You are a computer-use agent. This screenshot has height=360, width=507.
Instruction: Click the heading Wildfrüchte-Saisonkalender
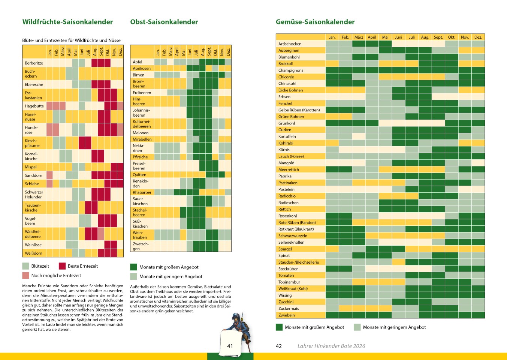(67, 22)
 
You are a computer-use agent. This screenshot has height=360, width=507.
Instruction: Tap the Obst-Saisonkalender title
(164, 22)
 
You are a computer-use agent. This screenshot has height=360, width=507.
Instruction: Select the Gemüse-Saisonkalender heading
(315, 22)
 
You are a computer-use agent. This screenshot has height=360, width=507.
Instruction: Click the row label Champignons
(291, 70)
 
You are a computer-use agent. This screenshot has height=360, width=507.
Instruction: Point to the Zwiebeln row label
(287, 315)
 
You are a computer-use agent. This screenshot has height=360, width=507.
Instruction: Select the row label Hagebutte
(34, 106)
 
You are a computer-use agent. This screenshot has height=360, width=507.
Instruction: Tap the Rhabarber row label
(142, 192)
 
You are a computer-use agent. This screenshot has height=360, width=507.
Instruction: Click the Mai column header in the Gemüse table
(385, 37)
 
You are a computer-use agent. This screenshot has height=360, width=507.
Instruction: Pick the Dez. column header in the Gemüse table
(478, 37)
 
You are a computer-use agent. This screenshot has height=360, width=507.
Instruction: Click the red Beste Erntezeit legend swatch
(62, 266)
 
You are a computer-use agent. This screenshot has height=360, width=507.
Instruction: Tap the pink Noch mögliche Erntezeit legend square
(26, 276)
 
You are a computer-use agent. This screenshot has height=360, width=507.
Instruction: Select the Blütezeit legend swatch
(26, 266)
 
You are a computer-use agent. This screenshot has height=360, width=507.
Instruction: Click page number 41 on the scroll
(230, 346)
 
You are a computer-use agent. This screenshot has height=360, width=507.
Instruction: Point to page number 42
(279, 346)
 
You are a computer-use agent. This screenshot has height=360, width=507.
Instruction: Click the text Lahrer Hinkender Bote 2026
(331, 346)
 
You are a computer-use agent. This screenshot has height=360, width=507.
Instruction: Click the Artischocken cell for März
(359, 44)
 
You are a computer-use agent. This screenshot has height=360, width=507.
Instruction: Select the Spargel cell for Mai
(385, 249)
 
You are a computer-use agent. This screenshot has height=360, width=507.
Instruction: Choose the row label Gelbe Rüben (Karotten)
(299, 110)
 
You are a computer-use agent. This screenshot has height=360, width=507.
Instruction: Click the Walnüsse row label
(33, 244)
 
